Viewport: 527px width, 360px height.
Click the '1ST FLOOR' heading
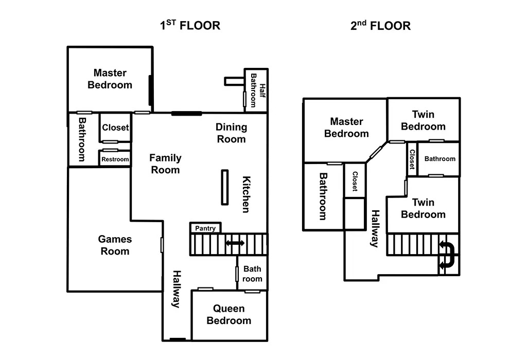pyautogui.click(x=189, y=25)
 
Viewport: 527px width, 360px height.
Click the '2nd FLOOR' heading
pyautogui.click(x=380, y=25)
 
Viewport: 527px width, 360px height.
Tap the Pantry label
pyautogui.click(x=205, y=228)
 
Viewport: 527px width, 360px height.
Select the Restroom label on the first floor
pyautogui.click(x=115, y=159)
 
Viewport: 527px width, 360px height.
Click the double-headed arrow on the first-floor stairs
pyautogui.click(x=235, y=243)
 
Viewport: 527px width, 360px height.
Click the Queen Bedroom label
pyautogui.click(x=229, y=315)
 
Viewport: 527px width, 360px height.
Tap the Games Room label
pyautogui.click(x=115, y=245)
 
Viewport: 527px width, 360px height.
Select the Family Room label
pyautogui.click(x=165, y=164)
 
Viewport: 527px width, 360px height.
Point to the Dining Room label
pyautogui.click(x=231, y=133)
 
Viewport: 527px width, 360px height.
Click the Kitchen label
pyautogui.click(x=247, y=194)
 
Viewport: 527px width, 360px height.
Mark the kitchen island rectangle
pyautogui.click(x=225, y=187)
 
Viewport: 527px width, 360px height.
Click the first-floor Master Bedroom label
pyautogui.click(x=110, y=79)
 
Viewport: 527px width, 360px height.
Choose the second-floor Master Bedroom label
pyautogui.click(x=346, y=128)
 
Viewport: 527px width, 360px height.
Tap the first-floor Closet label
pyautogui.click(x=115, y=128)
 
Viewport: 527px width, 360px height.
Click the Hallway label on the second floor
pyautogui.click(x=376, y=229)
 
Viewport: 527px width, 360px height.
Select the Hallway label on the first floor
pyautogui.click(x=177, y=289)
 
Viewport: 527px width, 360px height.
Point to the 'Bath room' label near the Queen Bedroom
pyautogui.click(x=252, y=274)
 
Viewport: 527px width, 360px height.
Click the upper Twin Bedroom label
pyautogui.click(x=423, y=120)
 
